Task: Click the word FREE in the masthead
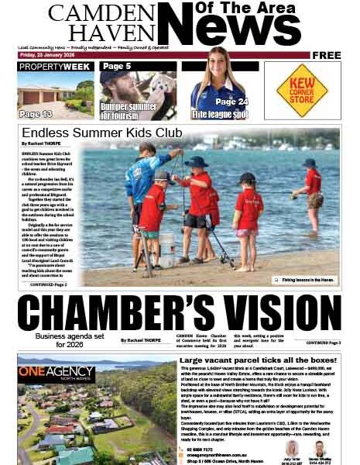[327, 55]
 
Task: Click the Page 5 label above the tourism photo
[117, 67]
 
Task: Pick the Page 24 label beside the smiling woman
[231, 102]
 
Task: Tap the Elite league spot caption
[220, 114]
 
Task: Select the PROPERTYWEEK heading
[56, 67]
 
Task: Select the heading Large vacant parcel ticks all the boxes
[258, 360]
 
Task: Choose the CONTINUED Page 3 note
[323, 342]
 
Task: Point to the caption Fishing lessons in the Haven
[308, 279]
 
